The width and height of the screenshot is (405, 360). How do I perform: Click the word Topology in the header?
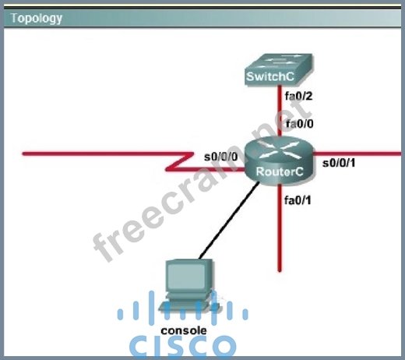point(37,19)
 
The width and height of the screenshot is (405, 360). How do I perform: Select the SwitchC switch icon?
point(279,69)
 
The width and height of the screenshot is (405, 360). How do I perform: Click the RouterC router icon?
point(280,161)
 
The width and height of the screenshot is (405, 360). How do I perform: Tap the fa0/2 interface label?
point(298,96)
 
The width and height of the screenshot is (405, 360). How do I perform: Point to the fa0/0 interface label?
point(300,124)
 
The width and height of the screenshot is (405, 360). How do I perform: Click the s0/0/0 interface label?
point(221,157)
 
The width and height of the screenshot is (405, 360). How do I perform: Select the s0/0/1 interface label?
point(339,163)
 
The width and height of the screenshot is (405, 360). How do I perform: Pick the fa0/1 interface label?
point(298,200)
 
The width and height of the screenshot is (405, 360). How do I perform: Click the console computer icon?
point(190,287)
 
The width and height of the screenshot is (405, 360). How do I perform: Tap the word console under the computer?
point(184,330)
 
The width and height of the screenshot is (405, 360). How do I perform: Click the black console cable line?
point(229,221)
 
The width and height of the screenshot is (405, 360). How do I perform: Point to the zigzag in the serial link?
point(180,162)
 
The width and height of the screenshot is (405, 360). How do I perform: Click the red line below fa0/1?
point(280,228)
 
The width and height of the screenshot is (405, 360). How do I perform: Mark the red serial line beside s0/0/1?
point(357,154)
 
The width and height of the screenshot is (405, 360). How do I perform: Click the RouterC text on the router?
point(280,171)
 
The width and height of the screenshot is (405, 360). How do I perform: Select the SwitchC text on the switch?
point(270,76)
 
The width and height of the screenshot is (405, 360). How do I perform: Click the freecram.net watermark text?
point(202,181)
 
